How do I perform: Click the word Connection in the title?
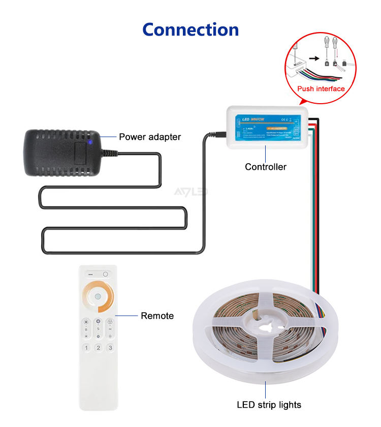point(190,29)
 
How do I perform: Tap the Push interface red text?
point(321,89)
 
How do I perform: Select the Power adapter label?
point(150,137)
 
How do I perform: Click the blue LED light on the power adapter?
point(90,142)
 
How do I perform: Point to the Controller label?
point(266,167)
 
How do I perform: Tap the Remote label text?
point(157,316)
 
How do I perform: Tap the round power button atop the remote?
point(106,274)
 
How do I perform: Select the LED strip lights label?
point(269,405)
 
